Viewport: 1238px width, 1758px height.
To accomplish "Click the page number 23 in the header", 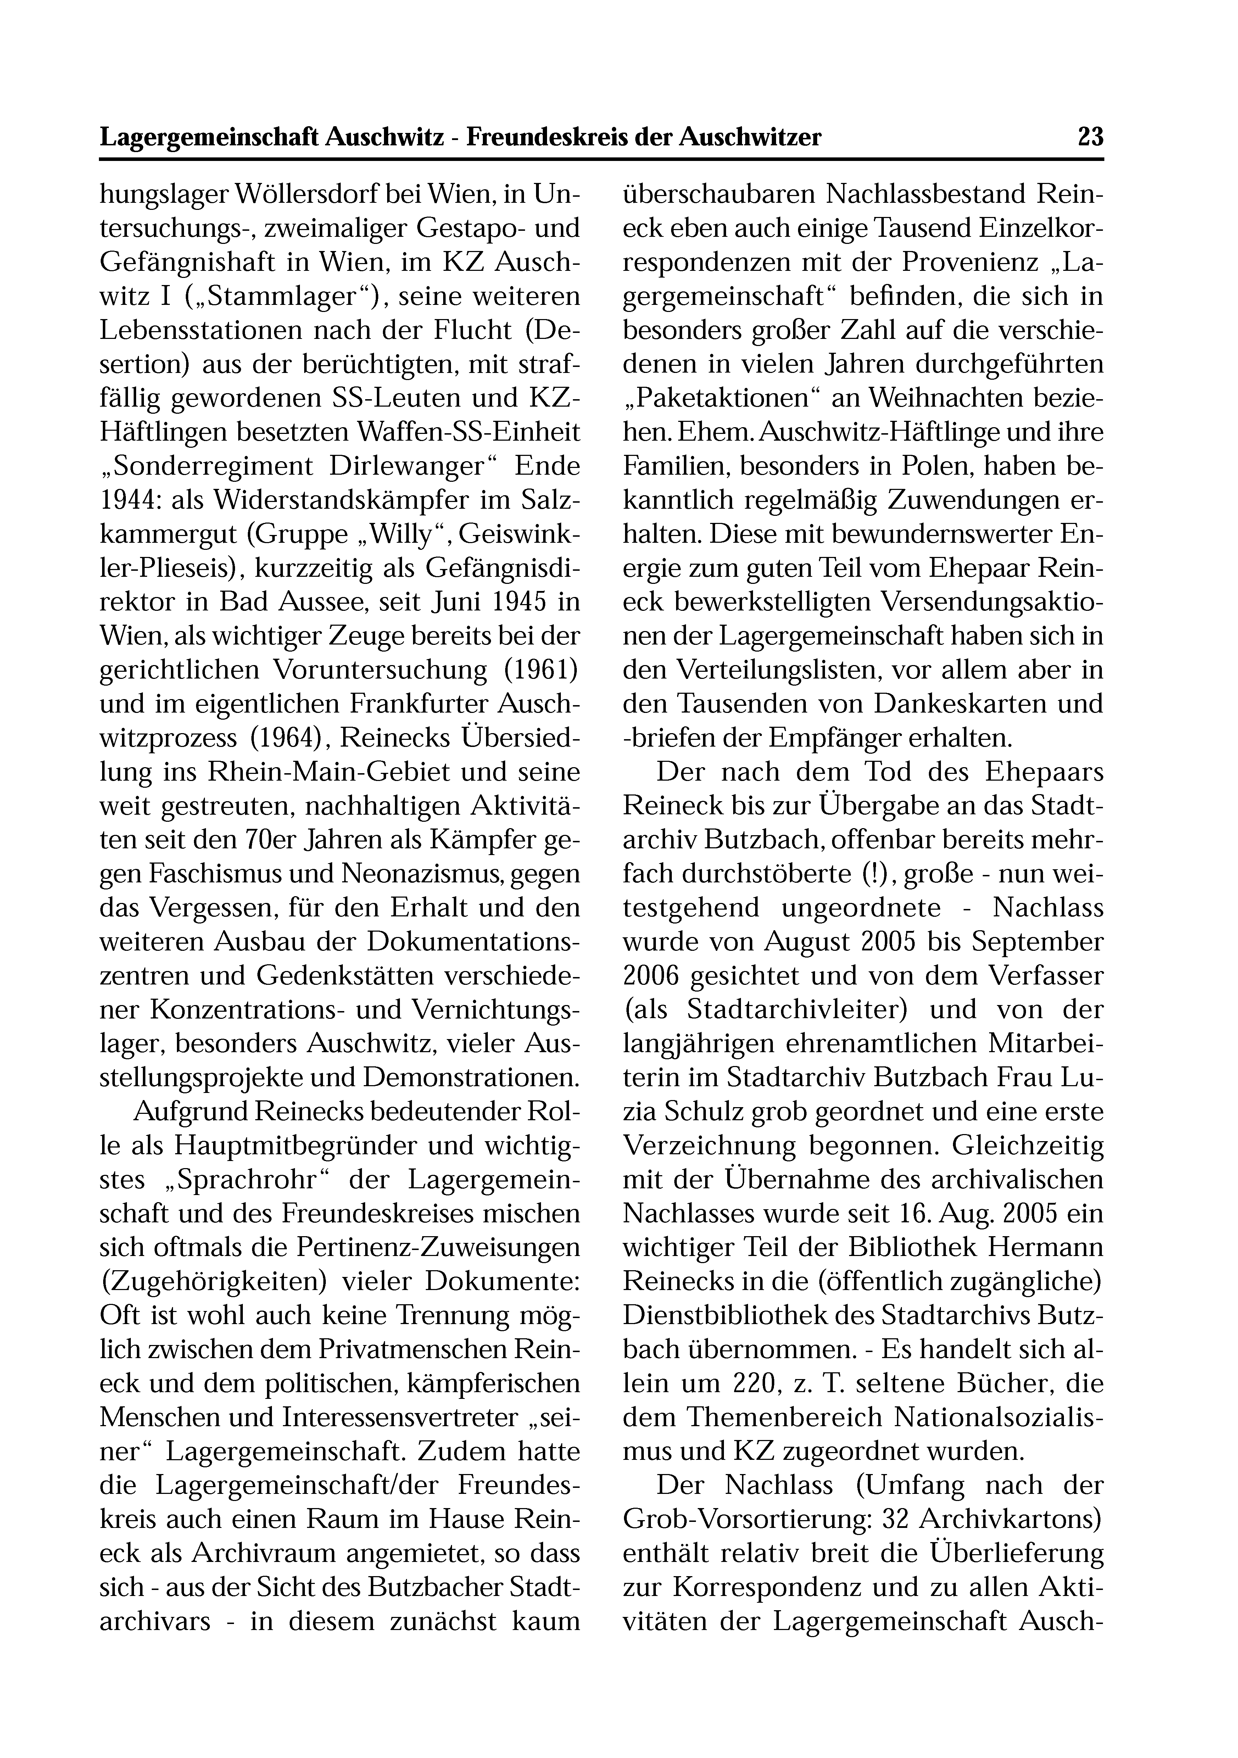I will (x=1090, y=138).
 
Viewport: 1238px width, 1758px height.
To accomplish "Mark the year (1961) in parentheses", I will (x=541, y=670).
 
